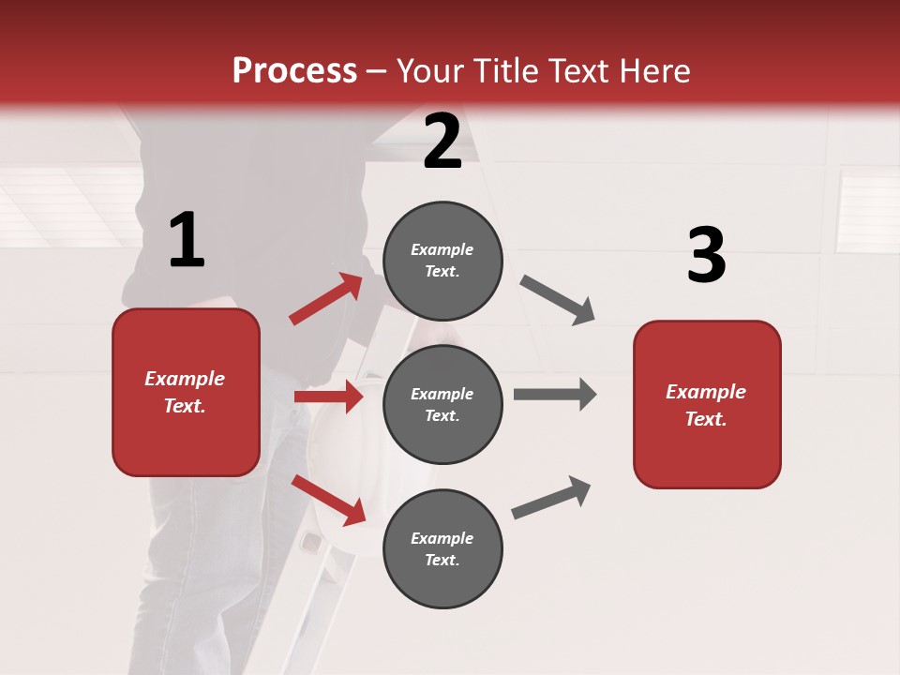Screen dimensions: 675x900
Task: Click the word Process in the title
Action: click(294, 71)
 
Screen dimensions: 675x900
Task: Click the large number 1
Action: click(187, 240)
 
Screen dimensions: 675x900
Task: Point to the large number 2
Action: click(442, 142)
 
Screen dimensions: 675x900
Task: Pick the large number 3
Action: click(706, 256)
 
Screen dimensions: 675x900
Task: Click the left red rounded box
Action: click(186, 392)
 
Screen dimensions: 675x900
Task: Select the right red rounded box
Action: click(707, 404)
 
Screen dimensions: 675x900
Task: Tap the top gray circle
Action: click(442, 261)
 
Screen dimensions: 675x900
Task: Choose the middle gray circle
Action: click(442, 404)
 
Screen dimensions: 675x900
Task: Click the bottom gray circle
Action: click(442, 548)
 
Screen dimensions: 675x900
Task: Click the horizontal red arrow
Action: click(329, 397)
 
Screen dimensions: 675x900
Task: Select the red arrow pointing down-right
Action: click(329, 500)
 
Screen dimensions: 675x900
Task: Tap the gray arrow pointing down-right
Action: click(558, 300)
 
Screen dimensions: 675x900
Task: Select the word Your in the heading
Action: click(430, 71)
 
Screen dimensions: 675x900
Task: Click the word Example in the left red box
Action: click(185, 379)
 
